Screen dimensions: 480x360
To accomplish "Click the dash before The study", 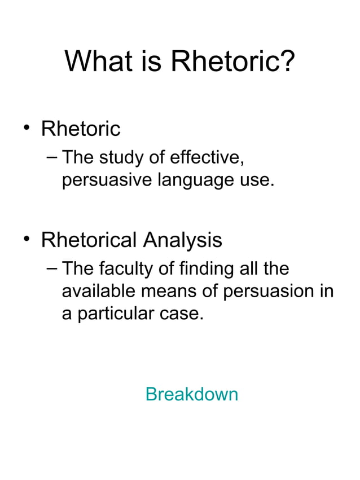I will coord(52,157).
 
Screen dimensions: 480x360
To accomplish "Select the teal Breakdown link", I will coord(192,394).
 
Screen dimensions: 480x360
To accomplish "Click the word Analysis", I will coord(182,240).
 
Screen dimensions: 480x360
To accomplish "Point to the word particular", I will coord(115,314).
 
